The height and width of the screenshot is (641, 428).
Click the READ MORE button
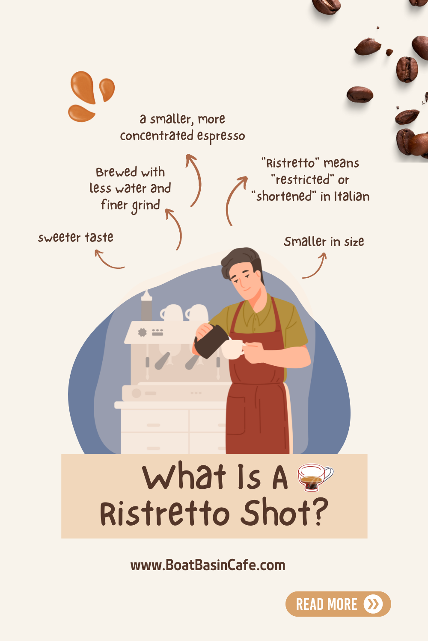[x=338, y=604]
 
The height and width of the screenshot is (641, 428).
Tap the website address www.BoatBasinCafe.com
[x=208, y=565]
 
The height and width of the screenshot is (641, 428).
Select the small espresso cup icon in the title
[x=315, y=476]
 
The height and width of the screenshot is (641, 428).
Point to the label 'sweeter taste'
[x=76, y=237]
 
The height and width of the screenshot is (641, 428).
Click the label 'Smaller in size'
[x=324, y=241]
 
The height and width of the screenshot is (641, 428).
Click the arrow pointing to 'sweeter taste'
[x=108, y=260]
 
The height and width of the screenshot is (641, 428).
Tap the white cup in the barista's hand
[x=232, y=349]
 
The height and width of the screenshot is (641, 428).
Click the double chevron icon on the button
[x=373, y=604]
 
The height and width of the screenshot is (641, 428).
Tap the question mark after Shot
[x=319, y=512]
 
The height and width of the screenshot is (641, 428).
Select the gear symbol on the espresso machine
[x=143, y=332]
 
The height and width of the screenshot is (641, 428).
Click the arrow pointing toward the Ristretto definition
[x=235, y=199]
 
